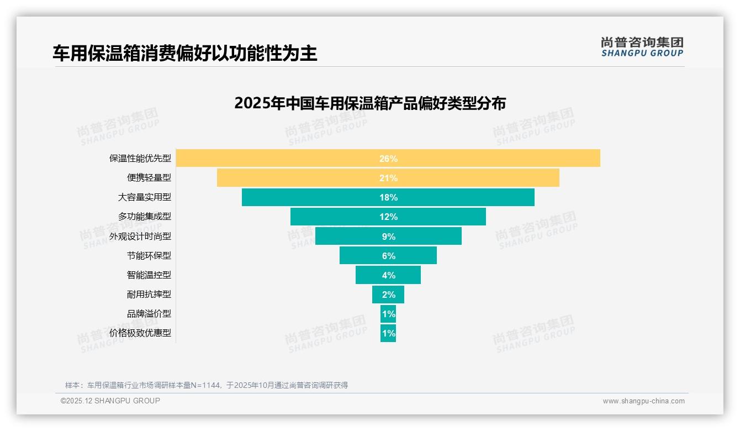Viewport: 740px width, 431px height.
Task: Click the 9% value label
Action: [x=388, y=236]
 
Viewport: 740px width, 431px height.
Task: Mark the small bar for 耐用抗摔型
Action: [x=388, y=295]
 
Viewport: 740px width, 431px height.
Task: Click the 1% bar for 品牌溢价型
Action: [x=388, y=314]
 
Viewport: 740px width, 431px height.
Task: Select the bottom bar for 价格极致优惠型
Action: [x=388, y=333]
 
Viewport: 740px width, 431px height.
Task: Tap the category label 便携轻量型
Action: [x=149, y=178]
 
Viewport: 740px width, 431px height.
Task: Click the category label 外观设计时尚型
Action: [x=140, y=236]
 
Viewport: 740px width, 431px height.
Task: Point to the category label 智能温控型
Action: [x=149, y=275]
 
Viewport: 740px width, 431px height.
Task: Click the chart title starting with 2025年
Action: [x=369, y=103]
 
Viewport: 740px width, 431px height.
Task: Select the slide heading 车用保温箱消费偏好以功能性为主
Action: [x=185, y=54]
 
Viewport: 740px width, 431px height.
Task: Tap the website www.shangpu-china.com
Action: [x=643, y=401]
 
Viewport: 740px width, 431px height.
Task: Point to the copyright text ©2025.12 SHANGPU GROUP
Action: [x=110, y=401]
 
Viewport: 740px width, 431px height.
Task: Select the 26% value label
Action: [x=388, y=159]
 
